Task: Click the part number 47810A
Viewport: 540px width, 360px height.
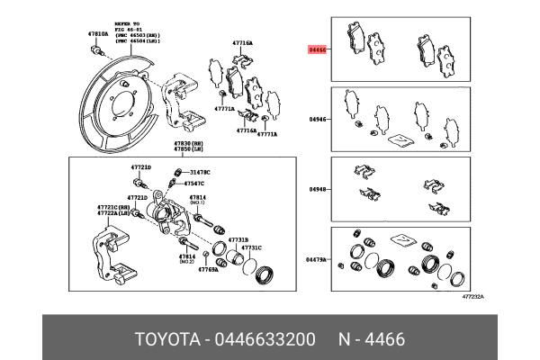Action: (x=97, y=33)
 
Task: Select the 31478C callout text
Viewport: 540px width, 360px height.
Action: (x=198, y=171)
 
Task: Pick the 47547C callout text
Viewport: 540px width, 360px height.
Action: (x=195, y=183)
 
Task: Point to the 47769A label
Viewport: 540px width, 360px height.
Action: (x=209, y=269)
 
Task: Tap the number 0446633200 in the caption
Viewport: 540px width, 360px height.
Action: (x=269, y=339)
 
